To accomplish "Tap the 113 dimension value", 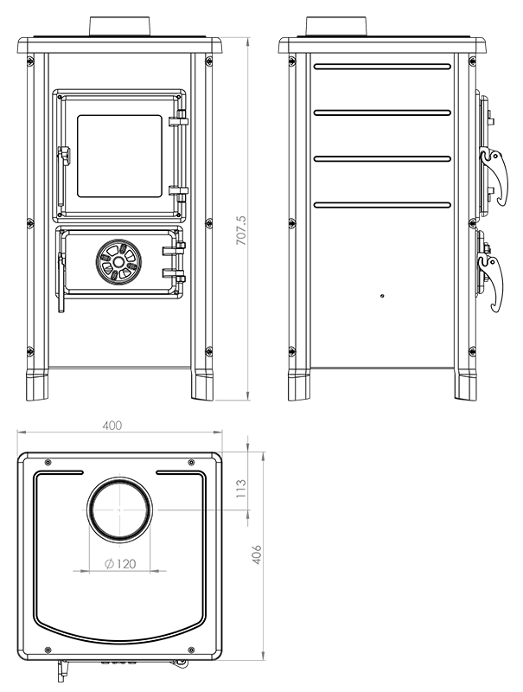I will point(242,489).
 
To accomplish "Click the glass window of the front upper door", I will point(120,153).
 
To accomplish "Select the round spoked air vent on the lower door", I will point(118,260).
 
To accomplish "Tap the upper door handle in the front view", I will point(62,156).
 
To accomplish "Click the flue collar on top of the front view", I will point(118,26).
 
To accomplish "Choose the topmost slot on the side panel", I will point(381,66).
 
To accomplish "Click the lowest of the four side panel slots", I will point(381,204).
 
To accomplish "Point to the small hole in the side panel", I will point(381,295).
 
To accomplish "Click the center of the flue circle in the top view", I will point(120,510).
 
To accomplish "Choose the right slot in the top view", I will point(180,472).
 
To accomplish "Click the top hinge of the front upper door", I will point(180,118).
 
